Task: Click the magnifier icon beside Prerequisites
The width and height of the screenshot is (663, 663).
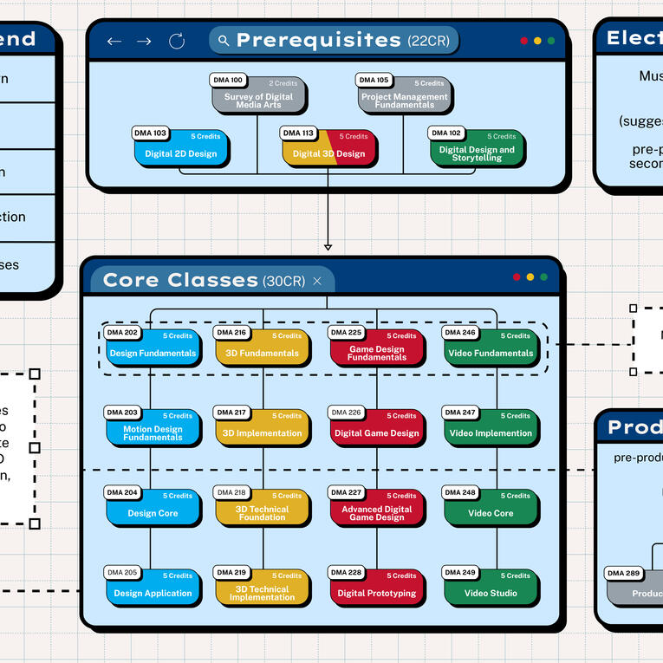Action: tap(224, 41)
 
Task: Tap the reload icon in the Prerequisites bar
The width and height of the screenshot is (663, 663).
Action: tap(177, 41)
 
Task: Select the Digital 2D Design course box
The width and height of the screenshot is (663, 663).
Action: tap(182, 150)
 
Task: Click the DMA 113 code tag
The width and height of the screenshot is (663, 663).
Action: tap(299, 133)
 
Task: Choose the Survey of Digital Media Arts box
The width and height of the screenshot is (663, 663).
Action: tap(258, 97)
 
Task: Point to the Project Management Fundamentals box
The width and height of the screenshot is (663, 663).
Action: tap(406, 97)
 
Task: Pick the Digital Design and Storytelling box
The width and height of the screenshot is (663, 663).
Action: tap(477, 150)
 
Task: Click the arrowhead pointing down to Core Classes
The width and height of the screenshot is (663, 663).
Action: tap(328, 247)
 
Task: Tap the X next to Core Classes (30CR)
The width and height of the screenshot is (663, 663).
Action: tap(317, 281)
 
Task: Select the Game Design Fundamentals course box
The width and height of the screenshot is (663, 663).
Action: tap(378, 349)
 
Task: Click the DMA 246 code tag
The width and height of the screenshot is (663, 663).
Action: tap(460, 333)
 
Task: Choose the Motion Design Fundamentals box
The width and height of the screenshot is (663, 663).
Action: tap(154, 429)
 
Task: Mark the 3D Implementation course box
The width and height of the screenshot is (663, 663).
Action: tap(263, 429)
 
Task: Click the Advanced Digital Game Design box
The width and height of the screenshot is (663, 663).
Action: tap(378, 510)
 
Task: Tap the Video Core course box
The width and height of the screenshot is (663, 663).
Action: tap(491, 510)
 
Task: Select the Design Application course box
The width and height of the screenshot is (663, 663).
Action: tap(154, 589)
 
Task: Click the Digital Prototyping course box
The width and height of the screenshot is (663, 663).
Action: tap(378, 589)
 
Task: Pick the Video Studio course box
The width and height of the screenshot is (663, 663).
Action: tap(491, 589)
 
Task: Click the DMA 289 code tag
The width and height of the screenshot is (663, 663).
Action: tap(624, 573)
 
